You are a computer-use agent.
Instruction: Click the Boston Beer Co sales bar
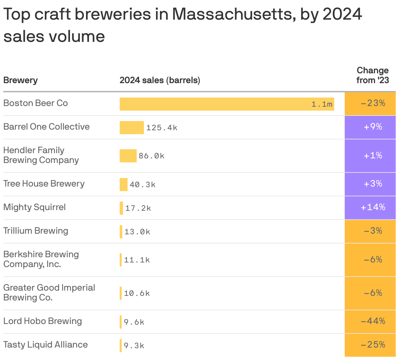(227, 104)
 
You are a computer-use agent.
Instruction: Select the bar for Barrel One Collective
(131, 128)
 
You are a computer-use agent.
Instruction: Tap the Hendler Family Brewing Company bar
(128, 156)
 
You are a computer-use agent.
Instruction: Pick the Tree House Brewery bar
(123, 185)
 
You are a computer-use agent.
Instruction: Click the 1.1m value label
(322, 104)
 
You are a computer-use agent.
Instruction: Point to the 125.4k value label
(162, 128)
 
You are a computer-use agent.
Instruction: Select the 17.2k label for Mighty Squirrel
(138, 208)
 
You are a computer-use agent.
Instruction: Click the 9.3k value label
(134, 346)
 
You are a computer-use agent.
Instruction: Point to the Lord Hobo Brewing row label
(43, 321)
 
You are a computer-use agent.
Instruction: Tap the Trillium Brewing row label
(36, 231)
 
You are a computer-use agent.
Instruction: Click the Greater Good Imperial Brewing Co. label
(49, 293)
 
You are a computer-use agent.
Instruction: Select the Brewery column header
(20, 80)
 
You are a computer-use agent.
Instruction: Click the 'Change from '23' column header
(373, 75)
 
